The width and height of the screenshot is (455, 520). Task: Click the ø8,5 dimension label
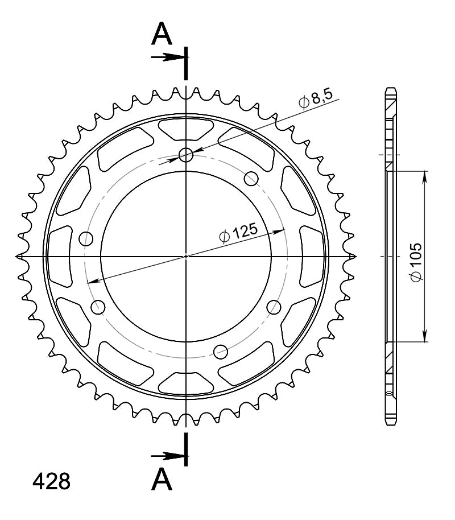click(x=316, y=98)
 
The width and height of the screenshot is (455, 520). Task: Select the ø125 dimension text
click(x=238, y=233)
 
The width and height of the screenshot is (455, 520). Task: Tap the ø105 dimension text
click(x=416, y=262)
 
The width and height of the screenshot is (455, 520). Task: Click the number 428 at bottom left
click(x=51, y=481)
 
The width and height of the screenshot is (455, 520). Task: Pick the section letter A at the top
click(x=162, y=34)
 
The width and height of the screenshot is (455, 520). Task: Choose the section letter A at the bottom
click(x=162, y=479)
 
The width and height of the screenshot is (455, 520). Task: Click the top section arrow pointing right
click(x=167, y=57)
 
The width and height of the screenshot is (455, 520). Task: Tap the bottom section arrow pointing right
click(x=167, y=456)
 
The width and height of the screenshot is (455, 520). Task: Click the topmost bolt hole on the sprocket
click(x=186, y=155)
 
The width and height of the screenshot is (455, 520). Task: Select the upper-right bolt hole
click(x=251, y=179)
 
